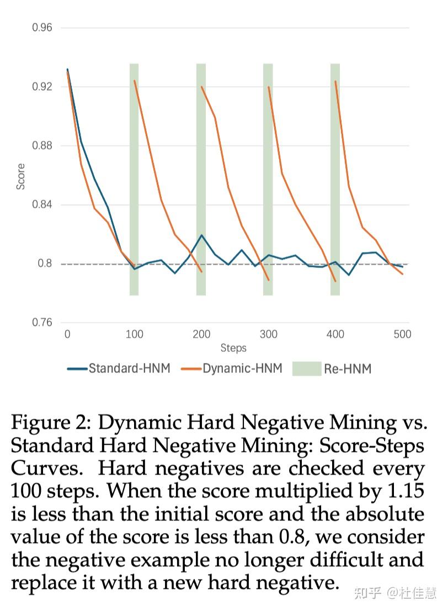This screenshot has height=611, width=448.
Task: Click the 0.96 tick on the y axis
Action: pyautogui.click(x=42, y=27)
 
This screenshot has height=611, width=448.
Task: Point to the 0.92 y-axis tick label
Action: pyautogui.click(x=42, y=87)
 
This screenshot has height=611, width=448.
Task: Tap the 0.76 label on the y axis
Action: pyautogui.click(x=42, y=323)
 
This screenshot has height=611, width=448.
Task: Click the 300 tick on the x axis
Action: pyautogui.click(x=269, y=334)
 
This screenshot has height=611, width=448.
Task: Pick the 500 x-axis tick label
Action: pyautogui.click(x=402, y=334)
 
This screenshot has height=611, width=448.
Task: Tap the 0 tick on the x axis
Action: pyautogui.click(x=67, y=334)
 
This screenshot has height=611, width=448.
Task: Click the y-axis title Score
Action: pyautogui.click(x=21, y=177)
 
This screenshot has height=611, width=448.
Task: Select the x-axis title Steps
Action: pyautogui.click(x=233, y=348)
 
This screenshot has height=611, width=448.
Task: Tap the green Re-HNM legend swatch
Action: pyautogui.click(x=307, y=368)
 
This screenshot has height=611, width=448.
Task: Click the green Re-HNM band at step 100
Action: pyautogui.click(x=134, y=180)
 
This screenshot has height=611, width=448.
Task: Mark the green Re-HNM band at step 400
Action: pyautogui.click(x=335, y=180)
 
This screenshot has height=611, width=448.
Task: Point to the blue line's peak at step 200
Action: pyautogui.click(x=202, y=235)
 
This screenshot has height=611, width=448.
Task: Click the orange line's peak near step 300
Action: pyautogui.click(x=269, y=87)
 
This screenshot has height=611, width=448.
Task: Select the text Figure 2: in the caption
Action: pyautogui.click(x=50, y=423)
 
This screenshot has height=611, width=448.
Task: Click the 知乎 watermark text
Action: pyautogui.click(x=368, y=593)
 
